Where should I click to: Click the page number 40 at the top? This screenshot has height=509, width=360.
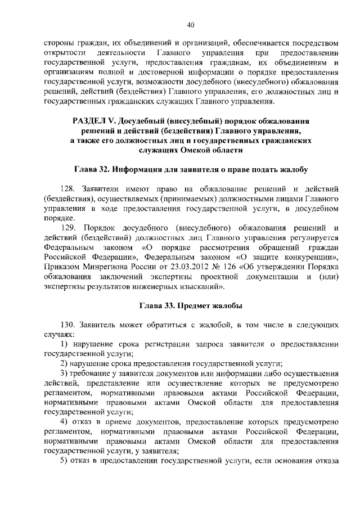tap(191, 24)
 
